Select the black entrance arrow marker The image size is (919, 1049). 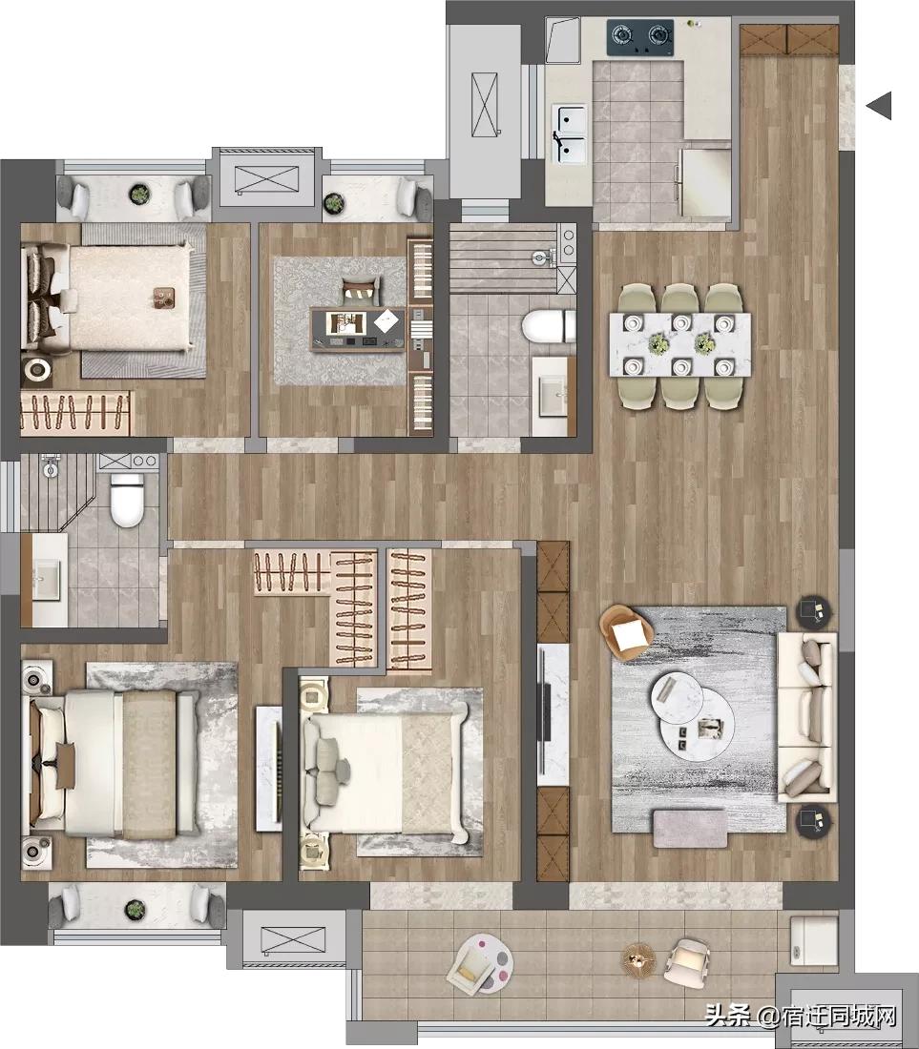879,105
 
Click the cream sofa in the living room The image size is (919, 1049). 807,715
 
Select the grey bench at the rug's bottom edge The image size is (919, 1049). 690,827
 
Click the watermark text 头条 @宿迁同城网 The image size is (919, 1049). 801,1017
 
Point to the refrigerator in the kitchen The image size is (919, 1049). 704,181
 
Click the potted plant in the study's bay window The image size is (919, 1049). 333,202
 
